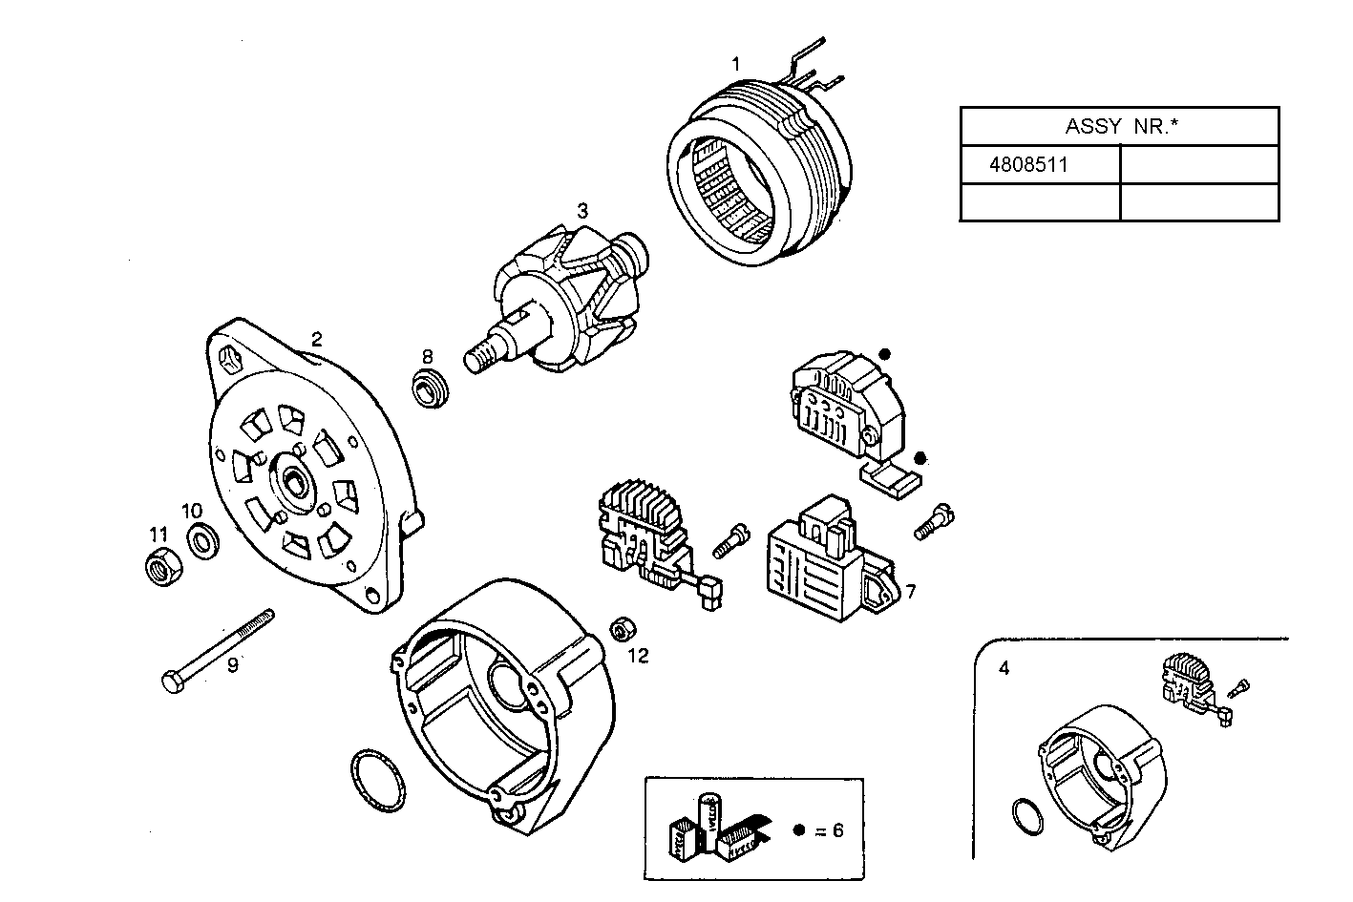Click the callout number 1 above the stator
pos(735,64)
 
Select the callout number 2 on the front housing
pos(316,338)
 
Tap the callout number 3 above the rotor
pos(581,210)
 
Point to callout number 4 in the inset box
pos(1004,668)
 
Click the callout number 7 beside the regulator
pos(910,592)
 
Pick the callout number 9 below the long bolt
pos(232,664)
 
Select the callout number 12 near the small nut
pos(638,656)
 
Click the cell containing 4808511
pos(1039,164)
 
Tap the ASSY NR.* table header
pos(1118,126)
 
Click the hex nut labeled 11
pos(158,568)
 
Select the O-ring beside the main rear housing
pos(375,781)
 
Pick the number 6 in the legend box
pos(837,829)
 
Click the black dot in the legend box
pos(799,829)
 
